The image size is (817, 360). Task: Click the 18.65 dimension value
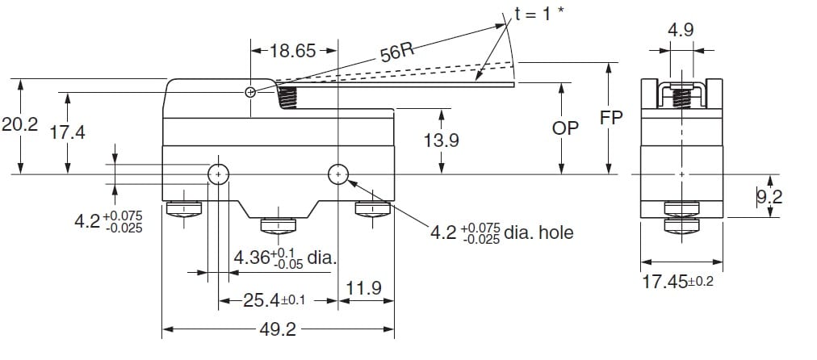click(x=293, y=51)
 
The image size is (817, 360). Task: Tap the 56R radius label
click(x=397, y=52)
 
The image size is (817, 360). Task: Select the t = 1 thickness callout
click(x=538, y=14)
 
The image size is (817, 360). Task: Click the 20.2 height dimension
click(x=20, y=124)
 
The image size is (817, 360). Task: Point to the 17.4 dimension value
click(x=67, y=133)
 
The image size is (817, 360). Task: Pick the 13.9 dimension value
click(x=442, y=140)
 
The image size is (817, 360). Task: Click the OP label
click(x=565, y=128)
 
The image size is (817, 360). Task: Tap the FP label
click(x=610, y=118)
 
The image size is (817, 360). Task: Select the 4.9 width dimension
click(x=681, y=30)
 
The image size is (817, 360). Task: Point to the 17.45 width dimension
click(x=677, y=282)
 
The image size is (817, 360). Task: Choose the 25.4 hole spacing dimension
click(x=274, y=300)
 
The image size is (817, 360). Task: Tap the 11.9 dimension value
click(x=363, y=287)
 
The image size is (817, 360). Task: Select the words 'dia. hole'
click(x=538, y=232)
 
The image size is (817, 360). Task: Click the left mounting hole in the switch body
click(x=218, y=174)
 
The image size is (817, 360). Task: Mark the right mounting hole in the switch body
click(x=338, y=174)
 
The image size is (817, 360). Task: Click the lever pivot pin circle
click(x=250, y=93)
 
